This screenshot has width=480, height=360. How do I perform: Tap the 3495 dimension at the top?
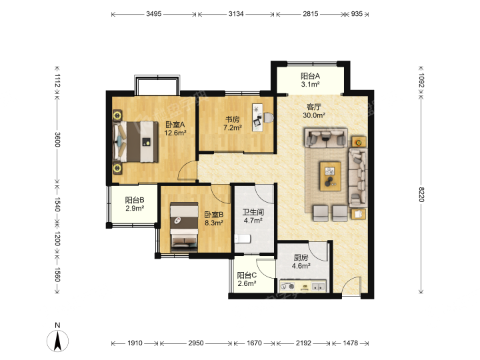(154, 14)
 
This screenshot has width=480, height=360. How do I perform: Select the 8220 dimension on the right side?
(421, 195)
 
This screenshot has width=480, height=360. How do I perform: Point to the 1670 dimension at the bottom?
(254, 343)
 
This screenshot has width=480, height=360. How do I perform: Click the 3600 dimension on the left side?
(57, 139)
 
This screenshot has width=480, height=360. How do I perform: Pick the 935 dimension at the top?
(357, 14)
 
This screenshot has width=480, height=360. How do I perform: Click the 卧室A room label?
(175, 125)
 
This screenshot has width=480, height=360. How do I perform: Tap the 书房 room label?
(233, 119)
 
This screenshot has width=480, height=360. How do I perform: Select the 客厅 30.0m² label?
(314, 111)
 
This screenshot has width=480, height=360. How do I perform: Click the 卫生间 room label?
(253, 212)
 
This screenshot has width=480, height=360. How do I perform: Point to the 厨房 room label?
(301, 258)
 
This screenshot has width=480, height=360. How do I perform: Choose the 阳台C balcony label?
(247, 275)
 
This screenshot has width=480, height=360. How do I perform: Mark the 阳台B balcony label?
(135, 200)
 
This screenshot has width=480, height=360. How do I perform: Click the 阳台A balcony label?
(310, 76)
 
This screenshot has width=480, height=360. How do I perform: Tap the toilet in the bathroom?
(243, 239)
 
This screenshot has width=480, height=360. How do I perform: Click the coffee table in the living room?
(330, 176)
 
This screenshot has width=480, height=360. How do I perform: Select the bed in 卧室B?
(184, 227)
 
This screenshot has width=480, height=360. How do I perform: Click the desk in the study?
(257, 117)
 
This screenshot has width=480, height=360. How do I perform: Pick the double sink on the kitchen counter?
(319, 287)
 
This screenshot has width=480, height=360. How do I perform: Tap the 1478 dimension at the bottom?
(350, 343)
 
